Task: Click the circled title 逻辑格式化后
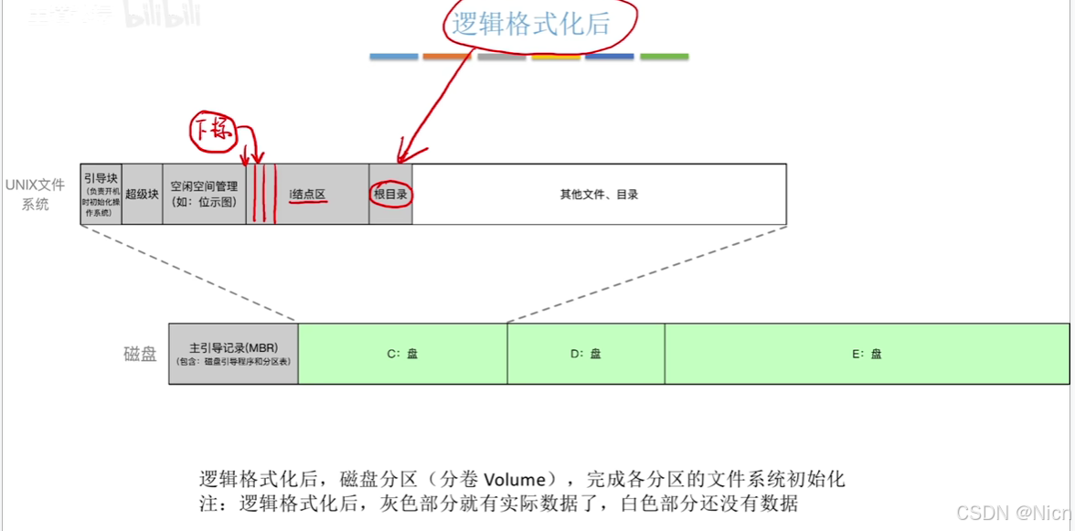(531, 25)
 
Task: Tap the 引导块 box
(101, 193)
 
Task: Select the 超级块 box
(142, 194)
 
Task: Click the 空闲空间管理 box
(204, 193)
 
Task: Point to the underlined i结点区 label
(308, 195)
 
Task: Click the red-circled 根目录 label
(390, 194)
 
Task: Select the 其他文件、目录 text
(599, 194)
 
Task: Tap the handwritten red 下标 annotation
(212, 133)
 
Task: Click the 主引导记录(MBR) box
(233, 354)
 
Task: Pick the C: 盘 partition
(402, 354)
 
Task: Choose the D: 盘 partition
(586, 354)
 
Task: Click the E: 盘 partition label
(867, 354)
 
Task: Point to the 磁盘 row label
(141, 354)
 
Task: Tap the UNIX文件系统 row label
(36, 194)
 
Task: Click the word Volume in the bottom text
(515, 479)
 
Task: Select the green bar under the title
(665, 57)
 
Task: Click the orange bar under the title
(446, 57)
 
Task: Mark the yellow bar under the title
(556, 57)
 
